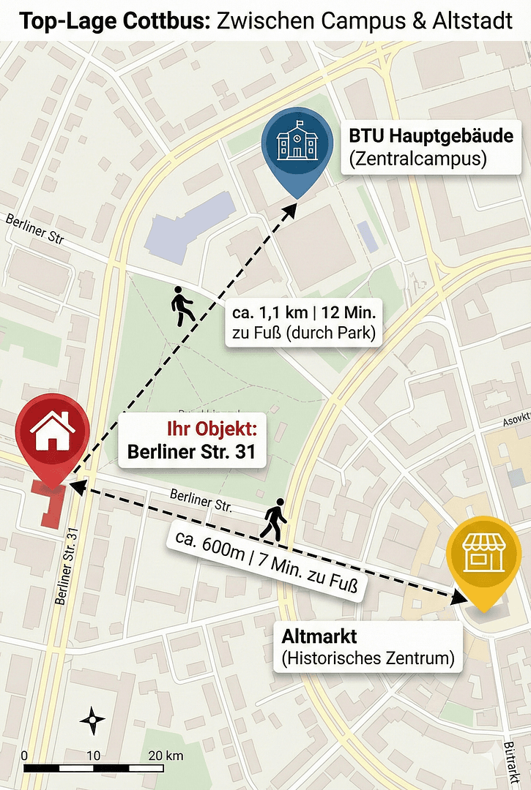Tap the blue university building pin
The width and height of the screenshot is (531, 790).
tap(297, 145)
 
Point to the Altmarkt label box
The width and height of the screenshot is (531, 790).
tap(368, 647)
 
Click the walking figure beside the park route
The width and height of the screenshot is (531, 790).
tap(182, 306)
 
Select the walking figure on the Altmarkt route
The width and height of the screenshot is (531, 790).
tap(274, 519)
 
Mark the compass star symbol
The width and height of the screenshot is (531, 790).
tap(92, 721)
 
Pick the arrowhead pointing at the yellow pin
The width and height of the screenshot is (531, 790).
tap(459, 598)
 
